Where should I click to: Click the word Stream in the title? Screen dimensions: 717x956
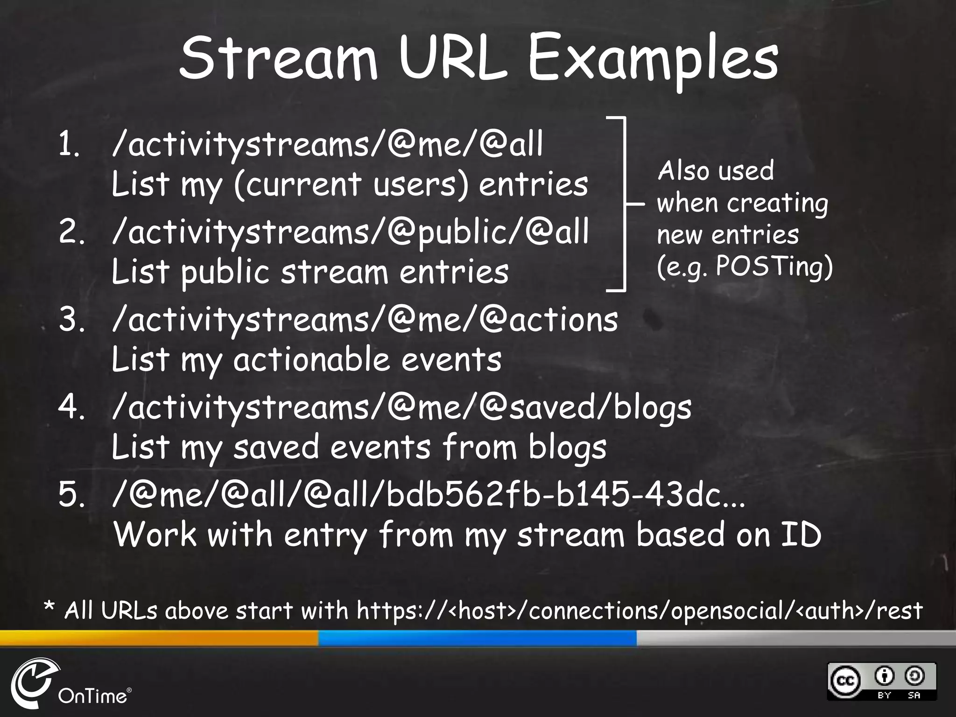(x=278, y=58)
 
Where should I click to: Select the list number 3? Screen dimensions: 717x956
(x=71, y=320)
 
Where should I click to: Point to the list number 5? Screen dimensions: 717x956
(x=71, y=495)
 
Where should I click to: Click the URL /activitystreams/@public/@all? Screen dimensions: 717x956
(x=350, y=232)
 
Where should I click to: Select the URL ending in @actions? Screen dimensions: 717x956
(x=365, y=320)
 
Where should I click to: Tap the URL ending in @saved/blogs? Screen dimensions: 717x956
(x=401, y=408)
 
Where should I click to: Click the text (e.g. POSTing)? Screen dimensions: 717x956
(x=745, y=267)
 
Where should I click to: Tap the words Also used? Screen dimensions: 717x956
(x=716, y=170)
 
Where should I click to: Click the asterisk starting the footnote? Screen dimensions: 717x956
(x=49, y=609)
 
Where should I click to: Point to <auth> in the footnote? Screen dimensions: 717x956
(x=828, y=611)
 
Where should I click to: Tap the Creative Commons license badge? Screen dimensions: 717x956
(x=881, y=681)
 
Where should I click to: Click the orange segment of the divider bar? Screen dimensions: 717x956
(x=159, y=638)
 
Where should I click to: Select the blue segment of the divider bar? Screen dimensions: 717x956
(x=477, y=638)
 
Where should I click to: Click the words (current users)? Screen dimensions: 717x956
(x=350, y=184)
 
